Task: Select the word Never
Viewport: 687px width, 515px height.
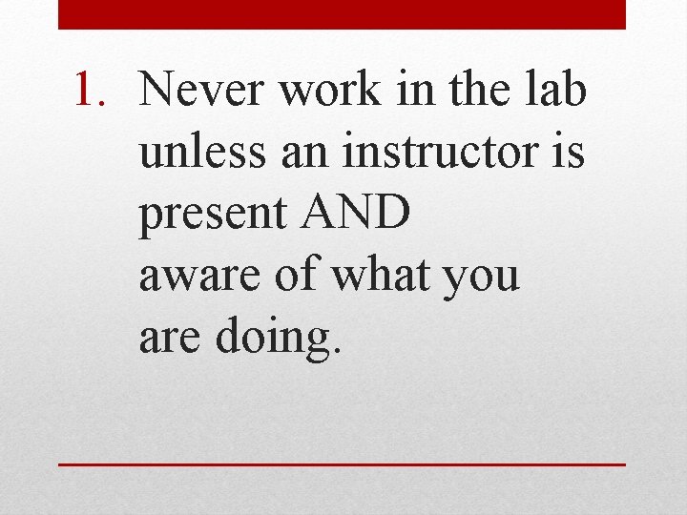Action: click(198, 92)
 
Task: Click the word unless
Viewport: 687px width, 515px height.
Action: click(203, 154)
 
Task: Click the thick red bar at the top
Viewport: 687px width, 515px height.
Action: click(342, 14)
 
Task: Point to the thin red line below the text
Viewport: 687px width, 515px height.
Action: click(342, 464)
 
